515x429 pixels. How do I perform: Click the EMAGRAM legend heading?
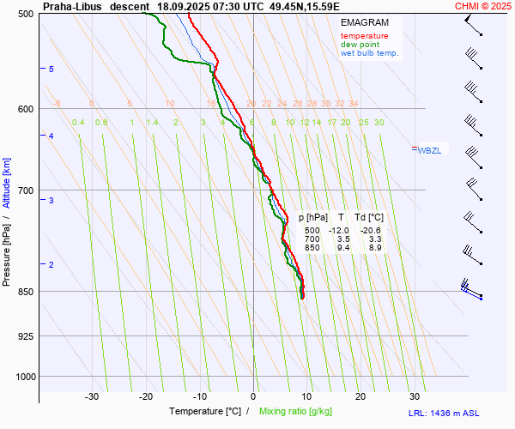(x=364, y=22)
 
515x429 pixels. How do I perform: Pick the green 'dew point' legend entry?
(x=361, y=45)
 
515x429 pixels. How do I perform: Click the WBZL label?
(x=428, y=150)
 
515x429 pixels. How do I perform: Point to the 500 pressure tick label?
(x=26, y=14)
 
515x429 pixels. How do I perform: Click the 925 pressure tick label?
(x=26, y=335)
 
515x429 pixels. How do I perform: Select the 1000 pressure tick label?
(x=24, y=377)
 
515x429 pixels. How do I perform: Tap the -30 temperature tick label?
(x=92, y=396)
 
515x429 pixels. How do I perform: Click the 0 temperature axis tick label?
(x=253, y=396)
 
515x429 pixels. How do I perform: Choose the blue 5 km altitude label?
(x=51, y=69)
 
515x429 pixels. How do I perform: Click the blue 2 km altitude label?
(x=51, y=264)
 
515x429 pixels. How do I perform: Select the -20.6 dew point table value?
(x=372, y=230)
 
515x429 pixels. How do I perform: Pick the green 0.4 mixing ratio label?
(x=78, y=123)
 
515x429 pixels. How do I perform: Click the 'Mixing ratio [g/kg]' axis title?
(x=296, y=412)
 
